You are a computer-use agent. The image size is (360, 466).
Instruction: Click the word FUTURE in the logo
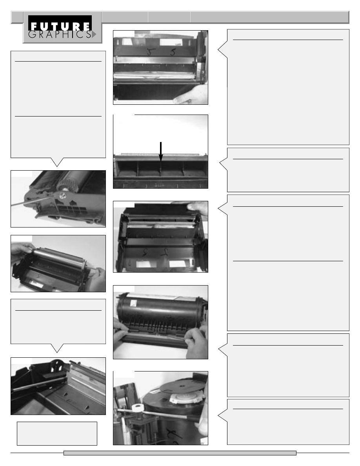60,26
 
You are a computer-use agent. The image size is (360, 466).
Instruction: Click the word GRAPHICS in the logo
60,35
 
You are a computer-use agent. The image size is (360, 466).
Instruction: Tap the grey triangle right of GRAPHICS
94,35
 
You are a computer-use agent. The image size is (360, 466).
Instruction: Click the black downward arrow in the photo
161,152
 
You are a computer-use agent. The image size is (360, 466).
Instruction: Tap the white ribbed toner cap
182,398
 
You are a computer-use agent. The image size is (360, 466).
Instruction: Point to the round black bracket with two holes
56,366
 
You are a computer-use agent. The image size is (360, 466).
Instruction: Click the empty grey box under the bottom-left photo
57,433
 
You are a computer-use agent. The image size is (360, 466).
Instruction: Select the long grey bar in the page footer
180,453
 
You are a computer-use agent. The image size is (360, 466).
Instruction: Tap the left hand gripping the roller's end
22,249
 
